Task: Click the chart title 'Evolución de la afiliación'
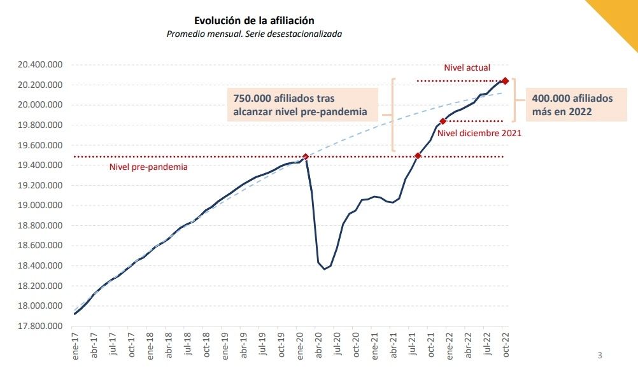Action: point(254,21)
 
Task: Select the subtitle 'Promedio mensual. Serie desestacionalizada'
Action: point(254,34)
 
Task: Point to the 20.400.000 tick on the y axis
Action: point(40,65)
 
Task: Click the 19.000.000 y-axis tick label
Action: point(40,206)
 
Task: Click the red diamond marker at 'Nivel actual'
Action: point(505,81)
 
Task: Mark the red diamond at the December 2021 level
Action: point(443,121)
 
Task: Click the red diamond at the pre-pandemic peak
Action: point(306,157)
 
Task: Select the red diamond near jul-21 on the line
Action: point(418,156)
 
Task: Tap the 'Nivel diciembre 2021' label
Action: point(479,133)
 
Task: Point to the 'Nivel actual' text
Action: point(467,67)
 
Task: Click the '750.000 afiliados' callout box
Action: point(302,105)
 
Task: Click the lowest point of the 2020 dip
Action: point(324,269)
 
